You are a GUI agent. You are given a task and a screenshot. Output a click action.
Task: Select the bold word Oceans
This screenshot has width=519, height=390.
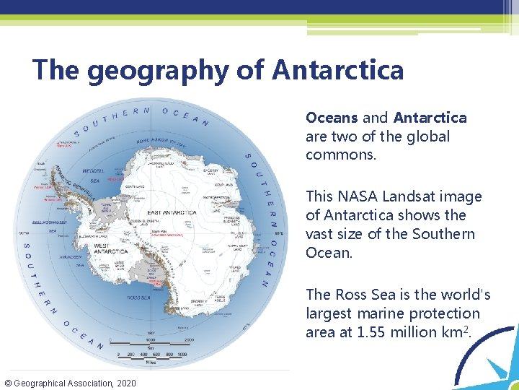(x=332, y=118)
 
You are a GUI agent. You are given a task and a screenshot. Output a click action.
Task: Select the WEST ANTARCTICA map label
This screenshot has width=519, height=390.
(x=110, y=248)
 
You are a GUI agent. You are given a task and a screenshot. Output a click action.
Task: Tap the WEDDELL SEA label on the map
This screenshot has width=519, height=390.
(x=95, y=175)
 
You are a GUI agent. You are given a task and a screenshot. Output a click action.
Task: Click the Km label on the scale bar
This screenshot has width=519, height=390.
(x=150, y=347)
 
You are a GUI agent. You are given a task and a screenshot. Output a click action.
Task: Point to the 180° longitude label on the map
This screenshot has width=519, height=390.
(x=149, y=333)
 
